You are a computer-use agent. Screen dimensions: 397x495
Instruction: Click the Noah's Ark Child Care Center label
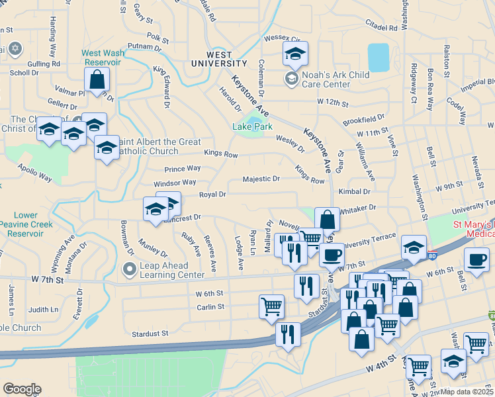tap(335, 79)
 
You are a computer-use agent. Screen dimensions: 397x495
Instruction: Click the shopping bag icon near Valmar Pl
tap(97, 81)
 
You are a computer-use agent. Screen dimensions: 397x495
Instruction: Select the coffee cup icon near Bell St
tap(476, 260)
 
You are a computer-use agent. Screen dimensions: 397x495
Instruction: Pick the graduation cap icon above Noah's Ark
tap(295, 54)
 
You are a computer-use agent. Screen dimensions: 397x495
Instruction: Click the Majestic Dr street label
tap(261, 179)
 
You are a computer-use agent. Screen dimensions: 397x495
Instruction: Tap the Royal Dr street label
tap(213, 195)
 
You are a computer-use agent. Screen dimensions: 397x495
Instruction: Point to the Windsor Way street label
tap(175, 183)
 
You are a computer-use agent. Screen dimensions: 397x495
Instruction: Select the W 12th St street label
tap(333, 103)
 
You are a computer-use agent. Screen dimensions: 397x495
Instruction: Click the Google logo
tap(22, 389)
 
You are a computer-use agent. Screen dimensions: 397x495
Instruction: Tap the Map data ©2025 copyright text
tap(466, 392)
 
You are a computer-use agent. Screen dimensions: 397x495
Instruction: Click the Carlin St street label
tap(210, 307)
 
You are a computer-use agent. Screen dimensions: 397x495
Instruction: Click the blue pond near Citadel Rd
tap(379, 58)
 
